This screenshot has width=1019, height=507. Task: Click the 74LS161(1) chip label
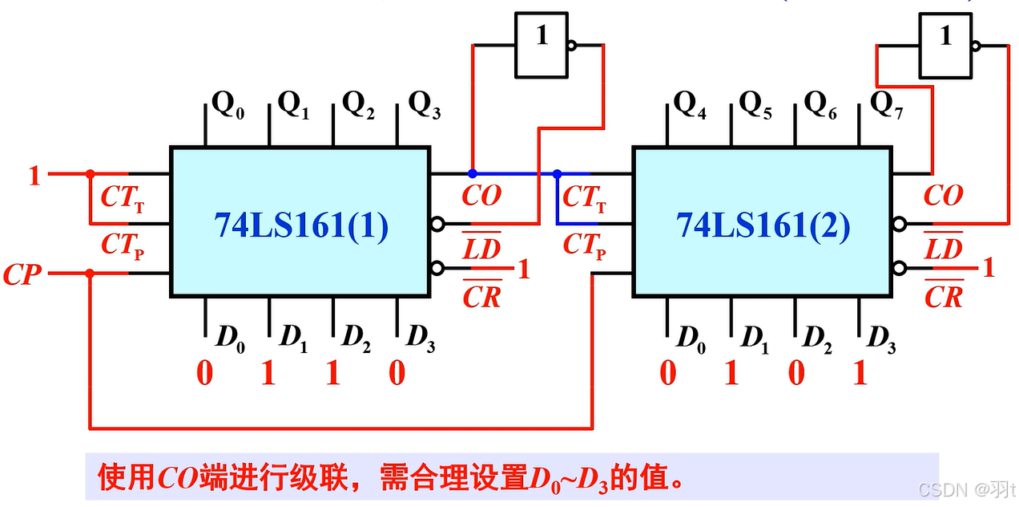pos(300,226)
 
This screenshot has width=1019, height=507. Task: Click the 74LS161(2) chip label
pos(763,226)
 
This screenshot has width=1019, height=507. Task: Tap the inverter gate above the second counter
pos(945,45)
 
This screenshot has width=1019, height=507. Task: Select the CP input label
pos(22,274)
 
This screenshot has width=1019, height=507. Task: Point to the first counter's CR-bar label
pos(481,296)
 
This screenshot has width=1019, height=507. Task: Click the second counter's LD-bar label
pos(944,248)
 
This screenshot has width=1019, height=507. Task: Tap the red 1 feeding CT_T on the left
pos(34,175)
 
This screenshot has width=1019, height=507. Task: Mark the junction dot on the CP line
pos(90,274)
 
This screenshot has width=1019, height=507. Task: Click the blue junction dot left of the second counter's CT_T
pos(557,173)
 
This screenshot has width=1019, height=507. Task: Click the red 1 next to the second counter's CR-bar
pos(989,268)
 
